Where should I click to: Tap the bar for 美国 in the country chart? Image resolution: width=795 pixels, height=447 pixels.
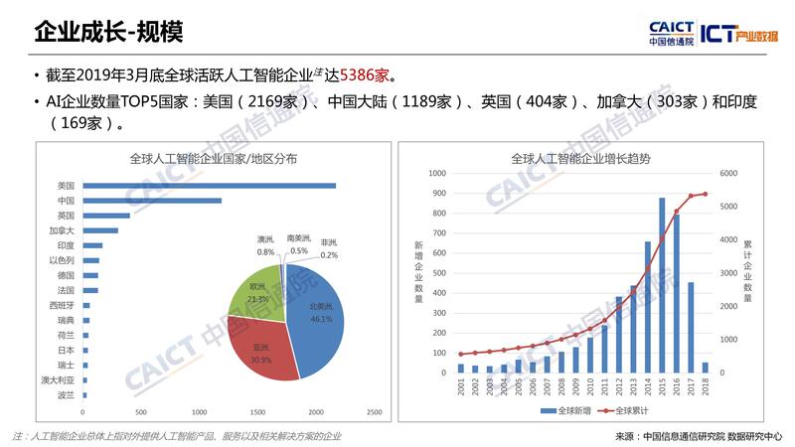coord(209,186)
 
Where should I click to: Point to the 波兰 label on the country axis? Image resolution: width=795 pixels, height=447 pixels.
coord(66,394)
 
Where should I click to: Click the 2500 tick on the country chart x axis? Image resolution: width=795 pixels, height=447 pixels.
coord(375,412)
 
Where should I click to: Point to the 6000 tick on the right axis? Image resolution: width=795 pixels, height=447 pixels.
coord(729,173)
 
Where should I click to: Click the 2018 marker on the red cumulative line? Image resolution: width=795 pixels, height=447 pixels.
coord(706,194)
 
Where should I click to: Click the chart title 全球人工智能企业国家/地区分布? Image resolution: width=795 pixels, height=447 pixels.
coord(213,158)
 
